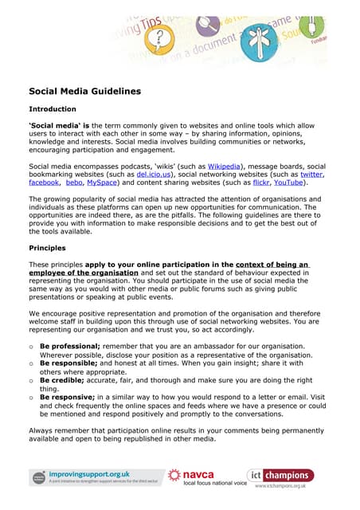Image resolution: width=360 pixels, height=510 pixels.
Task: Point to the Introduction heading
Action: coord(53,109)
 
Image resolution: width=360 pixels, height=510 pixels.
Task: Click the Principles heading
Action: coord(47,248)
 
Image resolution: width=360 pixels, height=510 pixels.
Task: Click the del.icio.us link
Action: coord(153,174)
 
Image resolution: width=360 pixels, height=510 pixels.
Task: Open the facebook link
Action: coord(44,182)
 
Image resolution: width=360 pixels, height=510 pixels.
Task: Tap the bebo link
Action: coord(75,182)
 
